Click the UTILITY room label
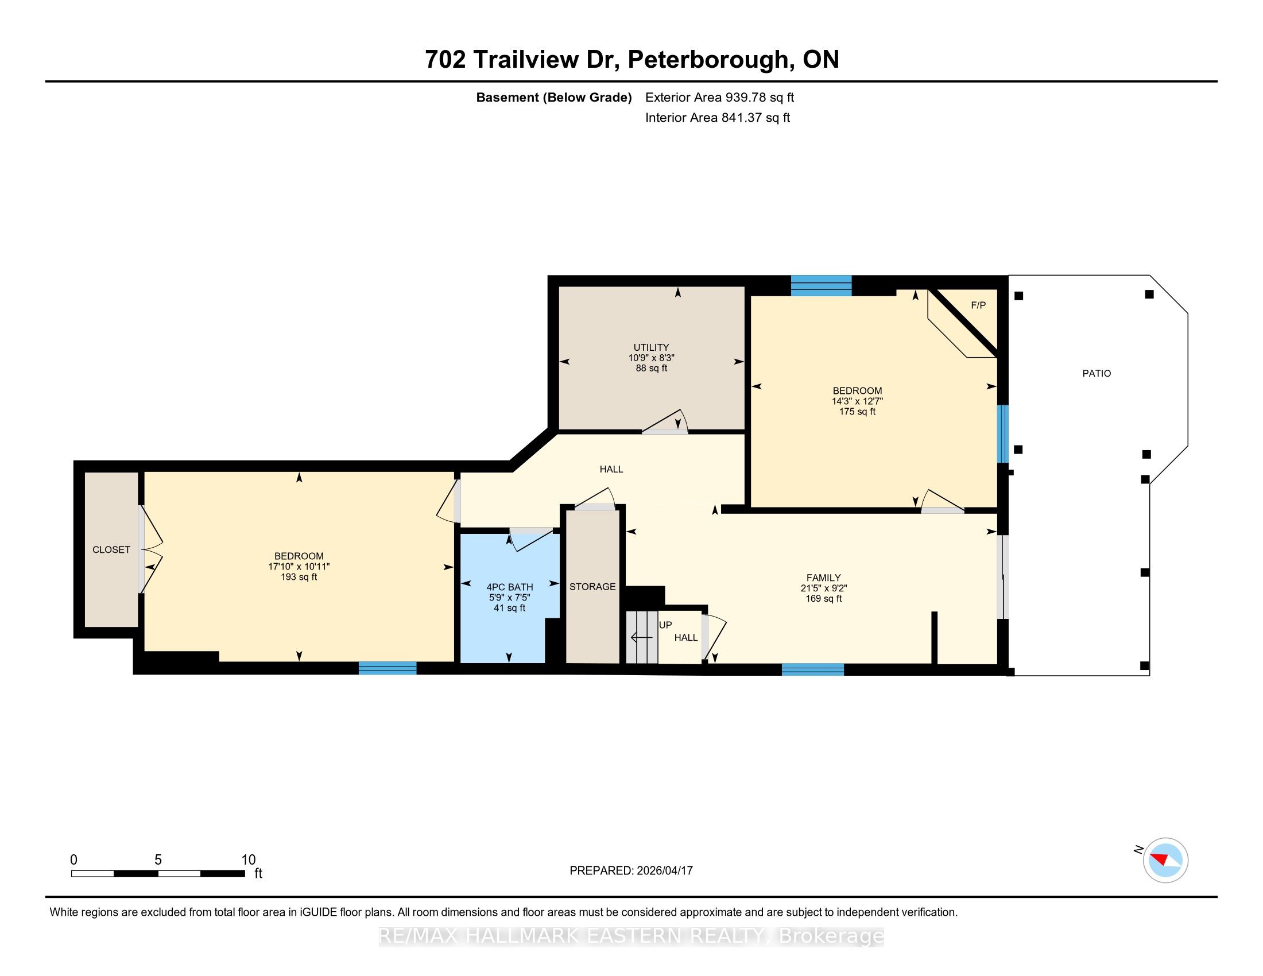tap(651, 347)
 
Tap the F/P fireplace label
tap(978, 305)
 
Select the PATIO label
tap(1097, 374)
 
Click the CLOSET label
tap(111, 550)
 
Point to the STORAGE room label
tap(592, 587)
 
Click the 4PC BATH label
tap(509, 587)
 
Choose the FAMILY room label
tap(823, 578)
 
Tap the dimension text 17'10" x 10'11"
tap(299, 567)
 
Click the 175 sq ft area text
tap(857, 412)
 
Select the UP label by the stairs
tap(665, 625)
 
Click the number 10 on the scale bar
tap(248, 860)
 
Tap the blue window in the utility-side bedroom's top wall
tap(821, 286)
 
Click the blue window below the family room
tap(812, 669)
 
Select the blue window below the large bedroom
tap(388, 668)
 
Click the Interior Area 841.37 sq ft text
tap(718, 118)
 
